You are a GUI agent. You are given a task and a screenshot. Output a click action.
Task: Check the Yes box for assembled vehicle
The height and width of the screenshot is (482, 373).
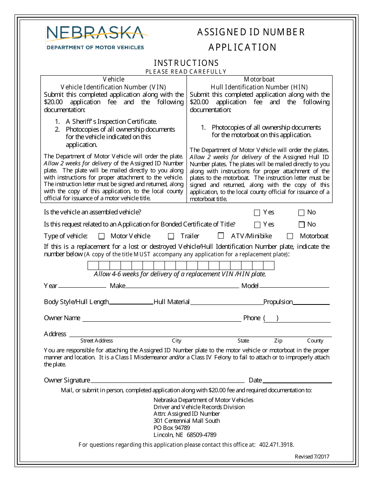[257, 213]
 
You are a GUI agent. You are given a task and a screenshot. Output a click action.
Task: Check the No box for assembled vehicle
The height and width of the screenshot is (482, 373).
[302, 213]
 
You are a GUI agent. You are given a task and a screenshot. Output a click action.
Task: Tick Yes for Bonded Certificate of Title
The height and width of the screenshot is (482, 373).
[258, 225]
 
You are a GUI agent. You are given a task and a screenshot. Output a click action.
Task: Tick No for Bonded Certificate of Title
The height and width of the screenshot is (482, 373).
[302, 225]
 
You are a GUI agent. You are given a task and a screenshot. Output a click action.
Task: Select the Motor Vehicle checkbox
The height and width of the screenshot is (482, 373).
[102, 236]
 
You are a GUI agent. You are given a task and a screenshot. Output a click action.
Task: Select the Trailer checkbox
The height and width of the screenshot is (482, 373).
[171, 236]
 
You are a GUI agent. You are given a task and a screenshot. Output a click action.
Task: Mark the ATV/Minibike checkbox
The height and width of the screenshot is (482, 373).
[221, 236]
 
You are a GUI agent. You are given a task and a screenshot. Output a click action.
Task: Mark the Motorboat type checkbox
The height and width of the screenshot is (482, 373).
[290, 236]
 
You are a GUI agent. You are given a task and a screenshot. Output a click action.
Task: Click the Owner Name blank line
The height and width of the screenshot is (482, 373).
[161, 319]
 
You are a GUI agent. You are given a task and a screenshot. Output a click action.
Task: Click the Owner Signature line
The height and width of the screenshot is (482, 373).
[167, 380]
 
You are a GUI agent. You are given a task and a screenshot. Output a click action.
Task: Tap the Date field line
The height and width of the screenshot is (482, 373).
[297, 380]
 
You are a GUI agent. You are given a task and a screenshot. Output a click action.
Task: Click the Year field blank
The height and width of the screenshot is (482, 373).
[82, 286]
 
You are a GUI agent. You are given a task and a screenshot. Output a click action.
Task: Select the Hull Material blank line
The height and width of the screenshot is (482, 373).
[227, 302]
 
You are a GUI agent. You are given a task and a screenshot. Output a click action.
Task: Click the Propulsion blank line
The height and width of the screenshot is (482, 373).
[311, 302]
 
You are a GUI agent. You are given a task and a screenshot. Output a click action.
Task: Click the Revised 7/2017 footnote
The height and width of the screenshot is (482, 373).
[312, 457]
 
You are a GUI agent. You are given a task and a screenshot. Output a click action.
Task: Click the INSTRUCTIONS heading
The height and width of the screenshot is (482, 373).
[186, 63]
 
